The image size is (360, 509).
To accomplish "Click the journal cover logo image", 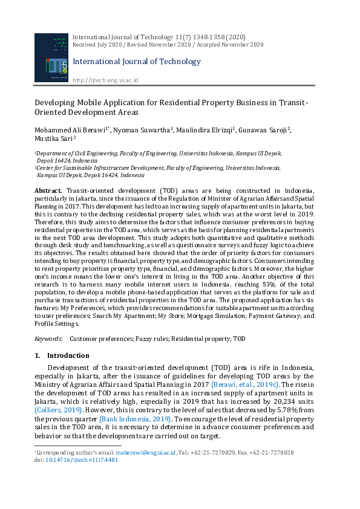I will coord(51,59).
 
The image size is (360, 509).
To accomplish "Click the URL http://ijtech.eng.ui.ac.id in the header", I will coord(105,80).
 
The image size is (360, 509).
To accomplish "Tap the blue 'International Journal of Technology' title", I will coord(136,61).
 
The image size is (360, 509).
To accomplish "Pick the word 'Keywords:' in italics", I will coord(48,340).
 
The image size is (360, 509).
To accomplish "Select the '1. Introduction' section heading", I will coord(62,356).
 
